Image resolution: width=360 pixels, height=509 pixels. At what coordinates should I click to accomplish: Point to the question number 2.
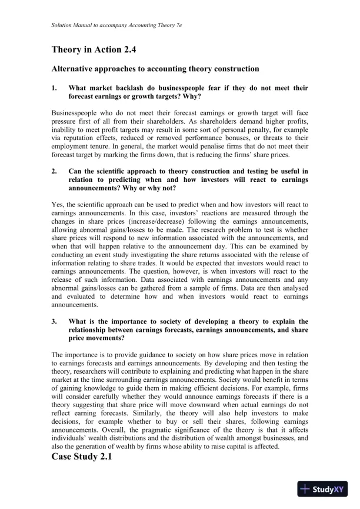[54, 171]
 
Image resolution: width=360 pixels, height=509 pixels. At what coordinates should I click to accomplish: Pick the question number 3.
[54, 321]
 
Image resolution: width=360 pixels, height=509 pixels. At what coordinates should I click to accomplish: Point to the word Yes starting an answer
[58, 205]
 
